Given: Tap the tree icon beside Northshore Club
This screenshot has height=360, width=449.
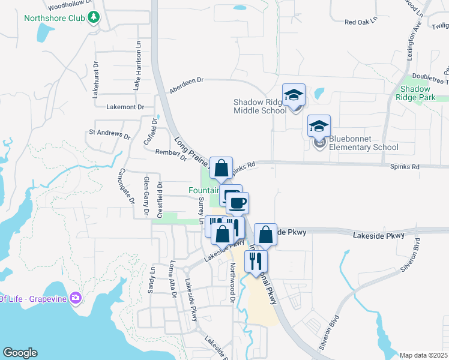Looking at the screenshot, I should [93, 17].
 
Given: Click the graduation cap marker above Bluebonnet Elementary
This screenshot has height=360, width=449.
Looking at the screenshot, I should [319, 126].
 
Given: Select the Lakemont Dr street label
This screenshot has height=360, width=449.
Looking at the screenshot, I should [125, 107].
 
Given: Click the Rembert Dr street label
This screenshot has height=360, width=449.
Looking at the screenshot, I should [172, 154].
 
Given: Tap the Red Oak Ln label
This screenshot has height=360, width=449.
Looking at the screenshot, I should [360, 22].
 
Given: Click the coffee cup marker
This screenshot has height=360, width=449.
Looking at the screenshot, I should [237, 203].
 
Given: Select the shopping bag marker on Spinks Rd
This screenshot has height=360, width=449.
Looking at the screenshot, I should [221, 169].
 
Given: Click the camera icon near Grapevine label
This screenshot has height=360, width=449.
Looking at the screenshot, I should [76, 298].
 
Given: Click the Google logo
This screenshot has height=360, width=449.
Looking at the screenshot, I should [20, 353].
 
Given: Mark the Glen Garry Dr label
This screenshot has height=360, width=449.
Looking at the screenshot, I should [146, 196].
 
